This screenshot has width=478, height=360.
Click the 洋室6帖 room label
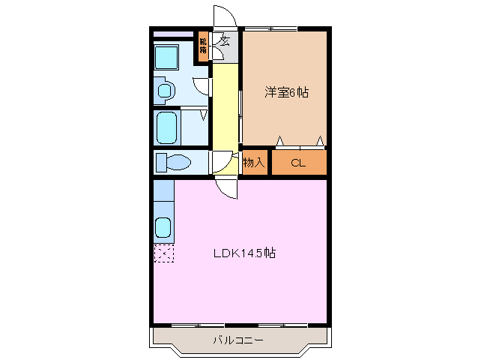(x=286, y=93)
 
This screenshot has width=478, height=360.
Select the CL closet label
(x=298, y=162)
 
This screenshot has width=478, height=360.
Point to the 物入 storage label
(x=254, y=162)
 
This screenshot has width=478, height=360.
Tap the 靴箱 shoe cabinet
(x=203, y=46)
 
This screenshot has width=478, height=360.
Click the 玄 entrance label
(x=224, y=42)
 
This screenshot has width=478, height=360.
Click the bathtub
(x=166, y=126)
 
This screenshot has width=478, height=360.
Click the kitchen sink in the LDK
(x=163, y=226)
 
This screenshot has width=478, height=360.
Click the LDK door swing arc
(x=226, y=188)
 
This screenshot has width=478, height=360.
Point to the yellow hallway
(x=223, y=105)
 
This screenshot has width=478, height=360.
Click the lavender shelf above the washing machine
(x=173, y=34)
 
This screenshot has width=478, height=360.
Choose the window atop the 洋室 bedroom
(x=271, y=28)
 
